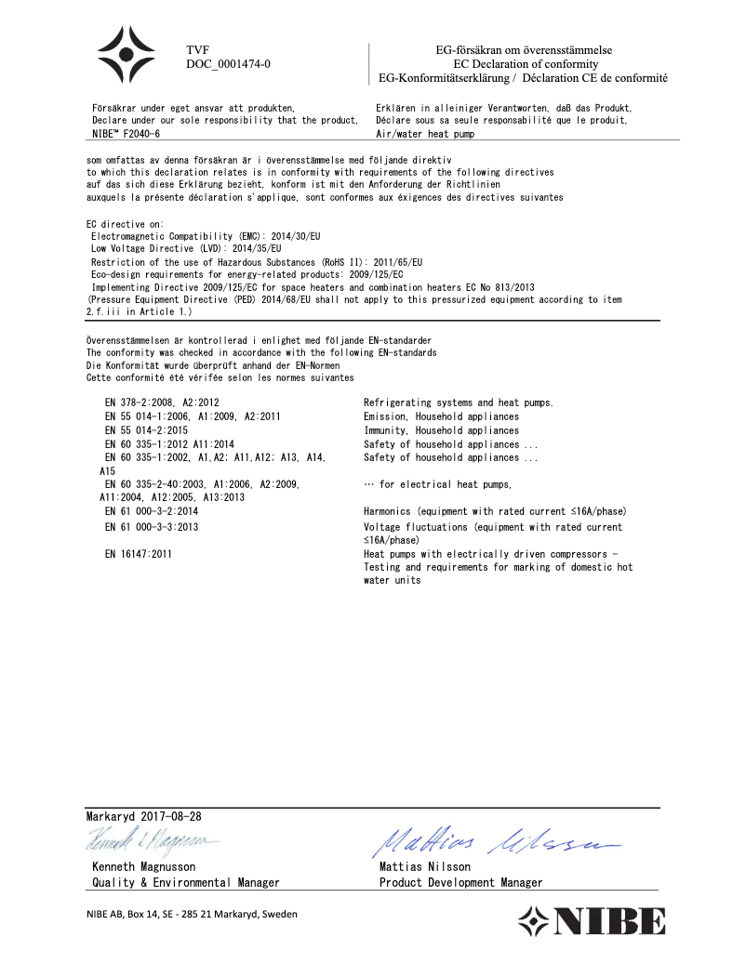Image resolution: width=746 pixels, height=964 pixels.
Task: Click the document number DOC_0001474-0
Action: coord(229,64)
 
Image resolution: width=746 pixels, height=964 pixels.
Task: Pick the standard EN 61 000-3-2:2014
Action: coord(152,511)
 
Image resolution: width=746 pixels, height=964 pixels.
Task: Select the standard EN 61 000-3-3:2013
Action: coord(152,527)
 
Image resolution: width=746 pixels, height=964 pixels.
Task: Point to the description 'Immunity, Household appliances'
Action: coord(441,430)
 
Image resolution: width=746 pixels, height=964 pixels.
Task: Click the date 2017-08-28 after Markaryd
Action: coord(170,815)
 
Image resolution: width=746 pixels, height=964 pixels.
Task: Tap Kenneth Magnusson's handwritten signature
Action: coord(154,840)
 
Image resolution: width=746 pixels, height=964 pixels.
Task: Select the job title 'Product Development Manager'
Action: coord(460,882)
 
